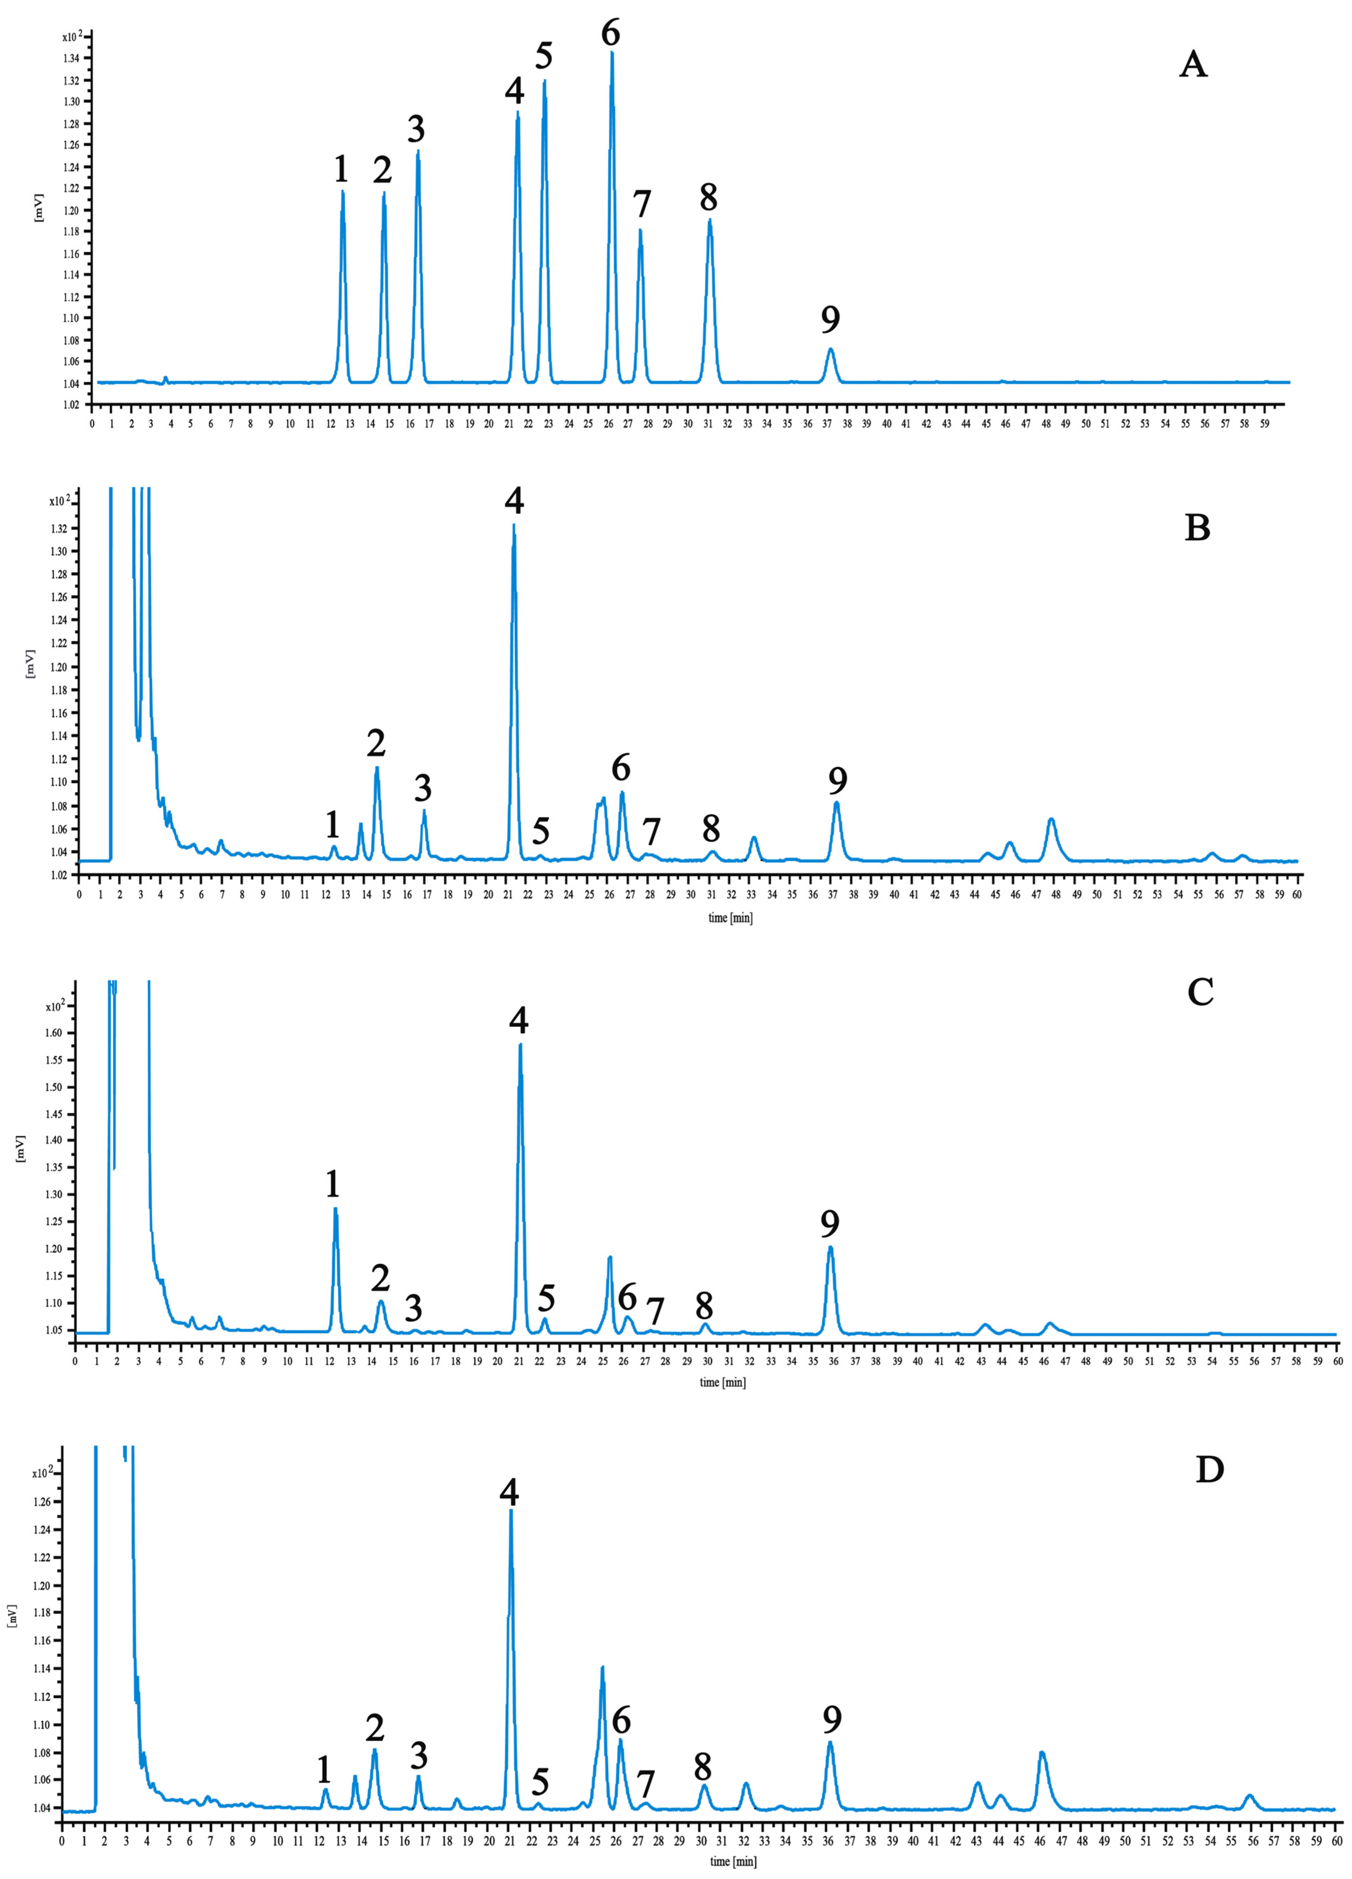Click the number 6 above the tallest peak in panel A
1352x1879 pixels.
610,33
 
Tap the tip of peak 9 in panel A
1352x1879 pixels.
830,349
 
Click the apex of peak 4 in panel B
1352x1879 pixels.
514,525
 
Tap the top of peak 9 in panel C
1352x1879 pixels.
830,1247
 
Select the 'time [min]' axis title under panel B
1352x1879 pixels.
730,918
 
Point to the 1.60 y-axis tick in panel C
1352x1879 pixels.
53,1033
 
